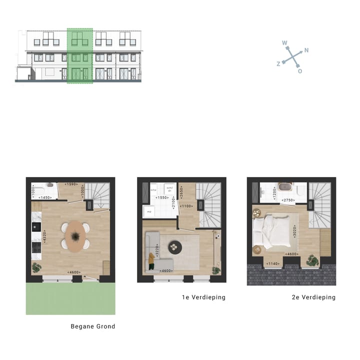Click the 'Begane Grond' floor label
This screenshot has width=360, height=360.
[93, 326]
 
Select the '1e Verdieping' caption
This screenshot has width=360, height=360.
[203, 297]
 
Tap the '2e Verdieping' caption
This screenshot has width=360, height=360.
[313, 297]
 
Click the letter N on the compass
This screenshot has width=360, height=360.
[306, 50]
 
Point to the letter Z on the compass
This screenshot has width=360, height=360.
[278, 64]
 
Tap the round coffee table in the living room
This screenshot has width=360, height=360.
[175, 245]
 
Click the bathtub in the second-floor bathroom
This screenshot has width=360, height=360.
[284, 190]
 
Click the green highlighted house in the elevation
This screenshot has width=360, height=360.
[80, 55]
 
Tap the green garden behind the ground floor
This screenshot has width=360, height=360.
[70, 298]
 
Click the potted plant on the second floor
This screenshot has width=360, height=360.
[313, 260]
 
